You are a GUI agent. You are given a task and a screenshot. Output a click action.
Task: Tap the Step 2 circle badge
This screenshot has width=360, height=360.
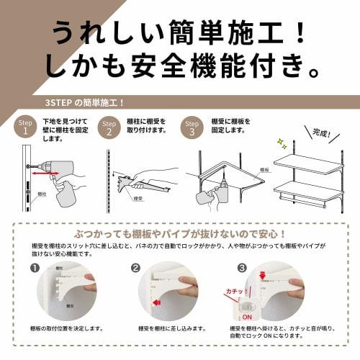(109, 127)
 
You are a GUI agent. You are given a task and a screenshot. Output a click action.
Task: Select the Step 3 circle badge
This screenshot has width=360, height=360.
(192, 127)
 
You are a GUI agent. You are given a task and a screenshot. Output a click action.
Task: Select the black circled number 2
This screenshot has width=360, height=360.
(135, 268)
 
